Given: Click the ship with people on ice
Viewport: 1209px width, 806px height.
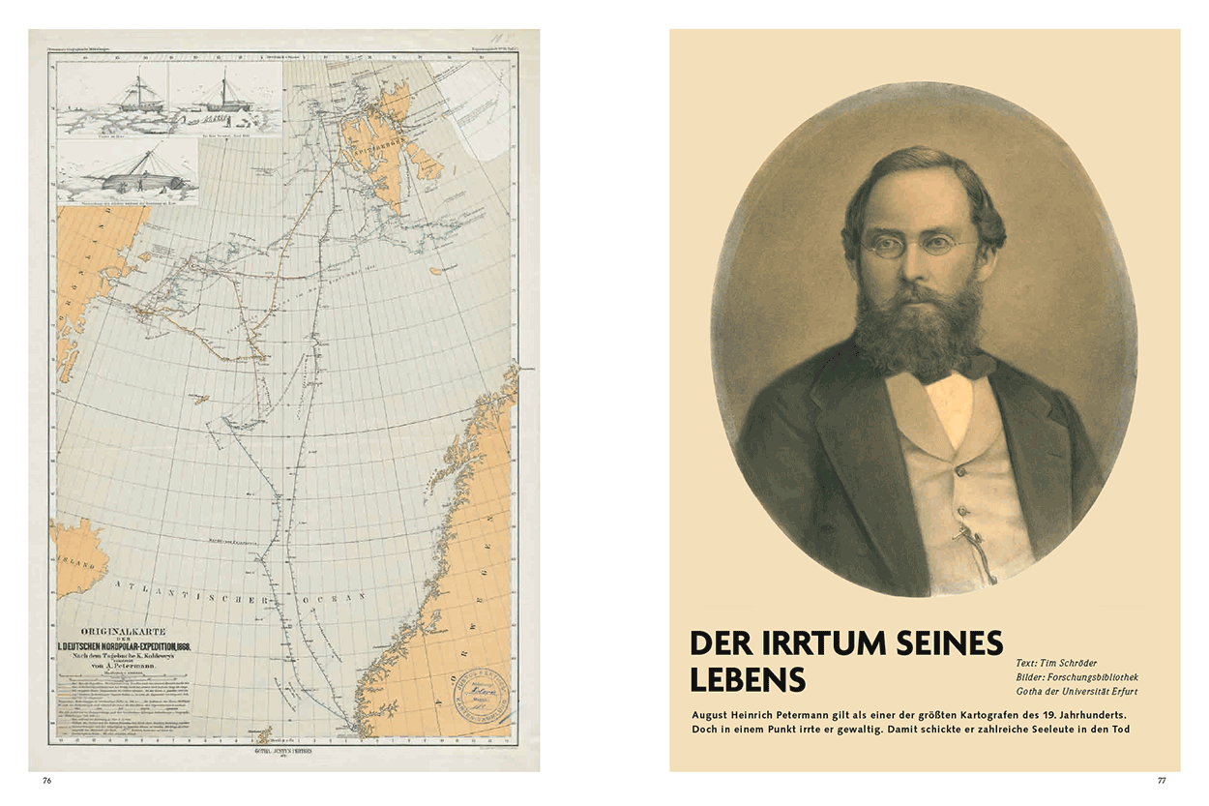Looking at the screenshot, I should pos(224,100).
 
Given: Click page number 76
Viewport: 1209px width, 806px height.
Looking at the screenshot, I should pos(45,780).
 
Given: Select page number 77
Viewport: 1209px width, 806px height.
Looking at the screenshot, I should pos(1163,780).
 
